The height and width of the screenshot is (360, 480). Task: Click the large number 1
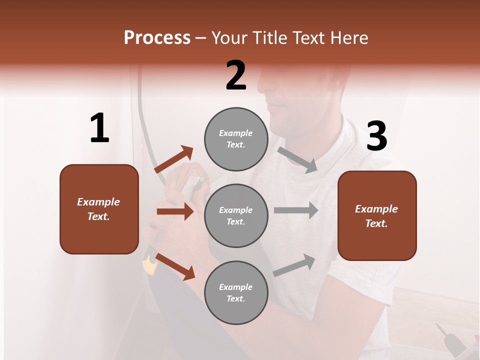point(99,128)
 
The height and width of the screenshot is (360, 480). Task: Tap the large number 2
point(236,75)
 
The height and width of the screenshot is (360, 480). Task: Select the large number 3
point(377,136)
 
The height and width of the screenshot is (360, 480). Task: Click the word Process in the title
point(157,37)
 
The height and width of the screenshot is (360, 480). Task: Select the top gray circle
point(236,139)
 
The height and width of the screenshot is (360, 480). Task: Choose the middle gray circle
point(236,215)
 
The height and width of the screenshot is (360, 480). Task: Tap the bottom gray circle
point(236,292)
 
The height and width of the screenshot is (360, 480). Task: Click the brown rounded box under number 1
point(99,209)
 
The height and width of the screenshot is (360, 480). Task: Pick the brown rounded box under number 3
point(377,215)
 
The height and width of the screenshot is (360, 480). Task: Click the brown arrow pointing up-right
point(174,159)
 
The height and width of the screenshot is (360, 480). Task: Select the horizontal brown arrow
point(175,211)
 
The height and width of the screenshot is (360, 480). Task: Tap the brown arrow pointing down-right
point(175,266)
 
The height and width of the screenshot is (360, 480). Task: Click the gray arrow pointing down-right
point(297,160)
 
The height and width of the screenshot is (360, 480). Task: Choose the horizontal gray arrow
point(295,210)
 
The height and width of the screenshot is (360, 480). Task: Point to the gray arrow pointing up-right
point(294,265)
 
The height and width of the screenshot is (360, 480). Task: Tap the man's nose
point(264,91)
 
